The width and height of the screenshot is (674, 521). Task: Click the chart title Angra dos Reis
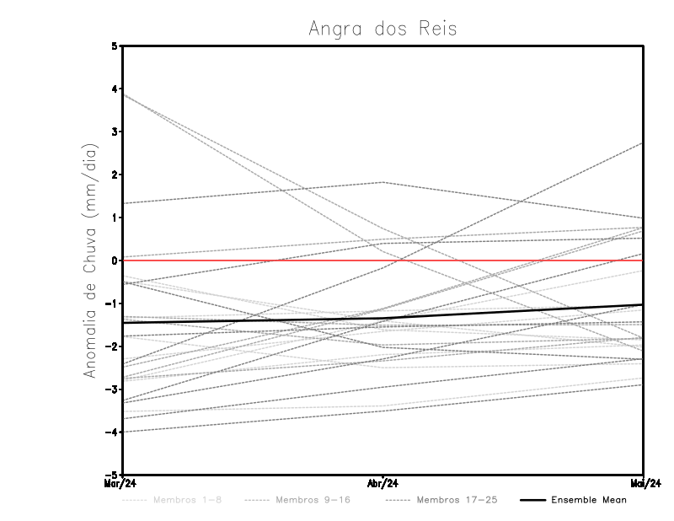coord(382,29)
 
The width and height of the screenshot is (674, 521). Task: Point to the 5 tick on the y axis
coord(115,46)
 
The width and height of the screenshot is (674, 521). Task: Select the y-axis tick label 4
coord(115,89)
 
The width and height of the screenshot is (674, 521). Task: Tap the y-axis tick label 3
coord(115,132)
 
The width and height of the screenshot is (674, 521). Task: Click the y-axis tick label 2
coord(115,175)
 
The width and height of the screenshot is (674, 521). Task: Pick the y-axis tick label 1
coord(115,218)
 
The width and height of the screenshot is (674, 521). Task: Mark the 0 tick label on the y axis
coord(115,260)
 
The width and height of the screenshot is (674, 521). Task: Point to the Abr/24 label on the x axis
coord(383,484)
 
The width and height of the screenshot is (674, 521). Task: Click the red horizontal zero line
coord(253,260)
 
